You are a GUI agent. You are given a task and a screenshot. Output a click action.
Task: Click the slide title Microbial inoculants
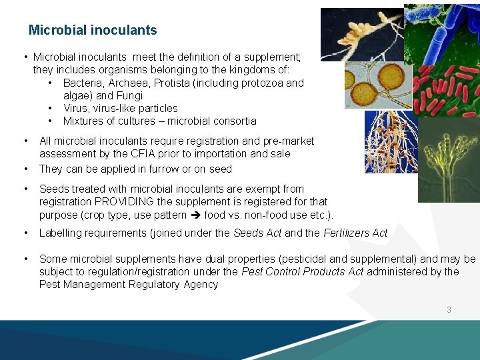tap(93, 30)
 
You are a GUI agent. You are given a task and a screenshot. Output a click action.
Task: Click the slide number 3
tap(449, 309)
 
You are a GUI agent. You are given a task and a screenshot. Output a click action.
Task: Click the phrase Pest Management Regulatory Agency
tap(128, 284)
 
